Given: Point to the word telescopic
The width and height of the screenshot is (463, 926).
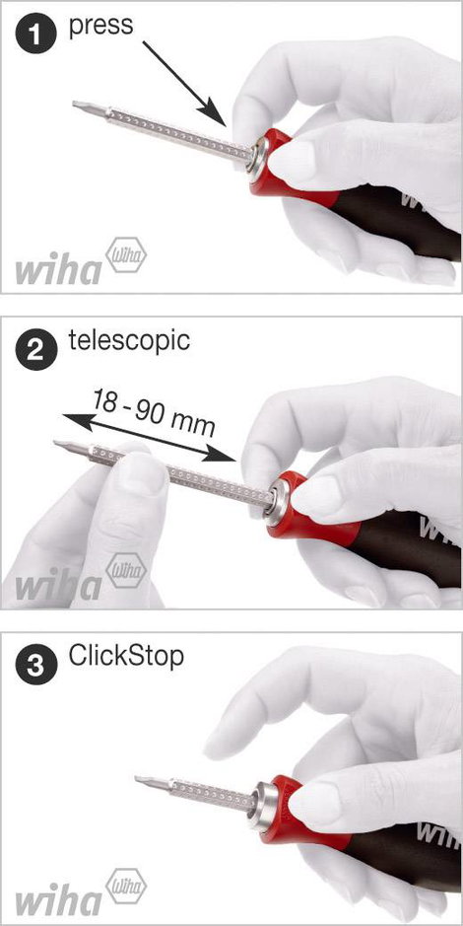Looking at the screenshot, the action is (129, 341).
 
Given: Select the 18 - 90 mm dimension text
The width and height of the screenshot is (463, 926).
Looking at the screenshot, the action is (154, 411).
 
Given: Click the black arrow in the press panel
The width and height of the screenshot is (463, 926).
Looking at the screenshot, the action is (184, 83).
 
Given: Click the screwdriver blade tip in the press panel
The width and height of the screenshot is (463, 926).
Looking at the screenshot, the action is (75, 104).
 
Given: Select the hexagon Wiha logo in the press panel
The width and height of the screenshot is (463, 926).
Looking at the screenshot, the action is (126, 255).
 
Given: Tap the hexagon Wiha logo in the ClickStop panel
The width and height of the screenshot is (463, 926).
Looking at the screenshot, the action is (126, 884).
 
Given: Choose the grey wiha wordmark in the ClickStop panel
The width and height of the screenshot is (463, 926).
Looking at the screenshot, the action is (58, 900).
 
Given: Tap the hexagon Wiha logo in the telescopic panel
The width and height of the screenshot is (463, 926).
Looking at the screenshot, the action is (126, 570).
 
